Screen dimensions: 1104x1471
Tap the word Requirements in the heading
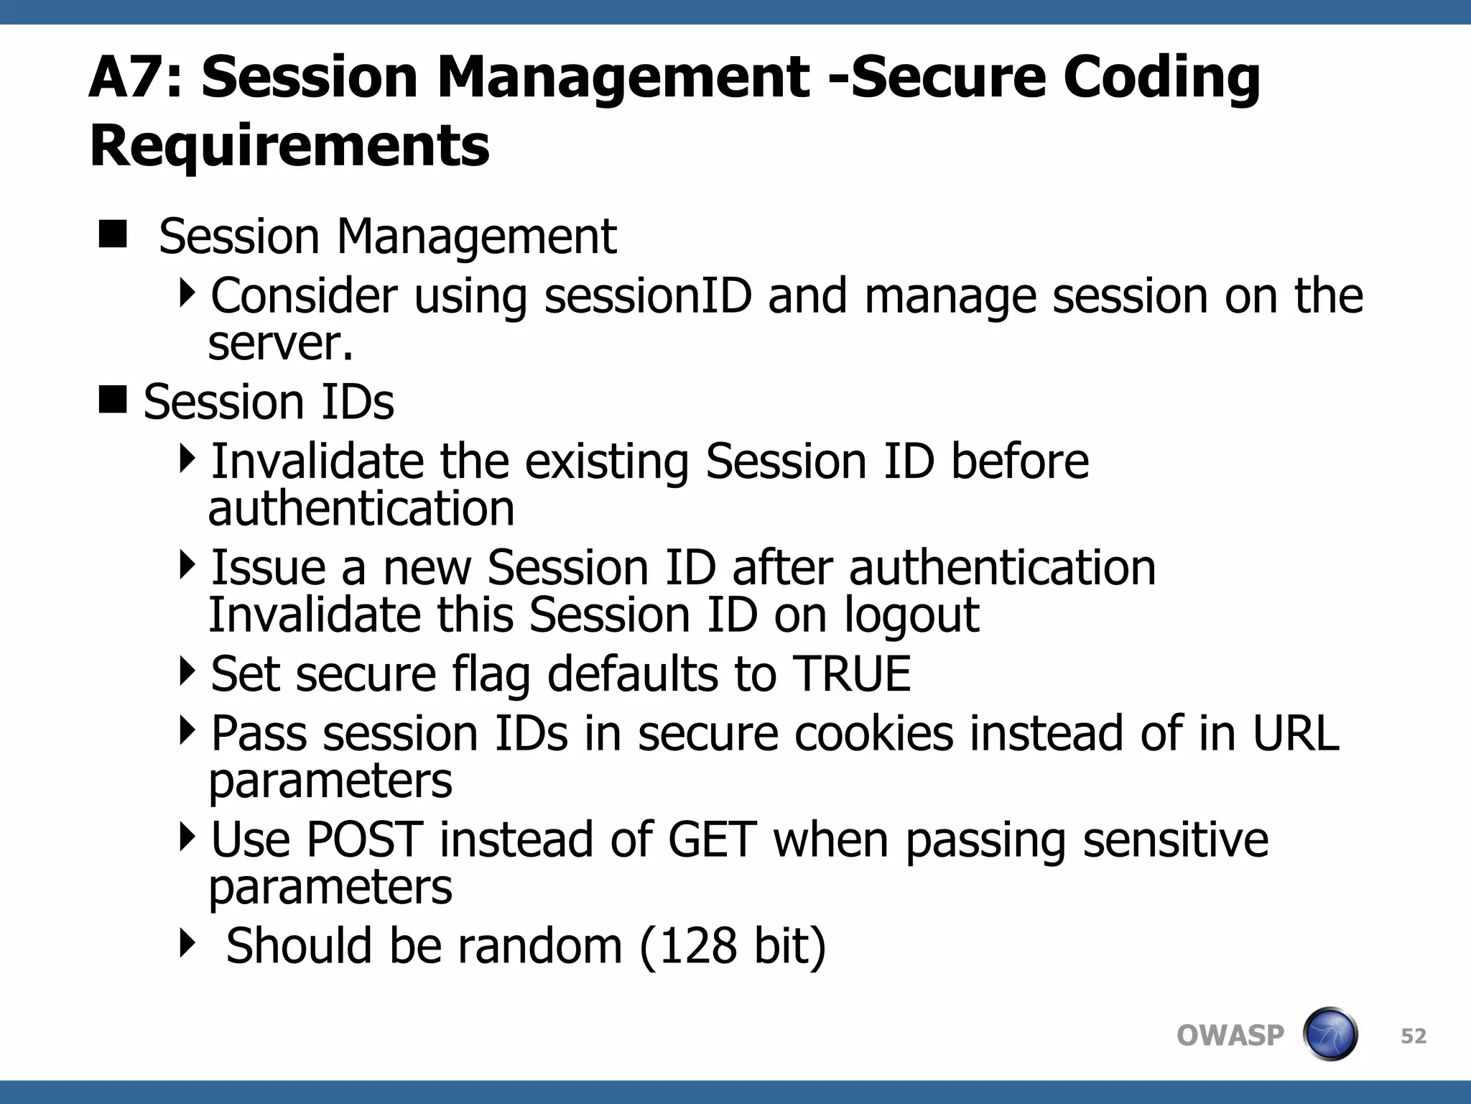coord(289,146)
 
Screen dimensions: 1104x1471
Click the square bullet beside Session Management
coord(113,234)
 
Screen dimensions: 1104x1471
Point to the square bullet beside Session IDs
coord(113,400)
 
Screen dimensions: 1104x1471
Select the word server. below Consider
coord(281,344)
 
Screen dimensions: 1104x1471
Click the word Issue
coord(268,568)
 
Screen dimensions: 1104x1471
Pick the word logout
coord(911,615)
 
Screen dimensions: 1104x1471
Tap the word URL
coord(1296,734)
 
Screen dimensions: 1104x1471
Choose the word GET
coord(712,839)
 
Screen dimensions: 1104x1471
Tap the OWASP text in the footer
coord(1230,1036)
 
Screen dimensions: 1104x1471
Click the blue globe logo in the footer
coord(1330,1034)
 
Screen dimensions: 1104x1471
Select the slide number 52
coord(1414,1036)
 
